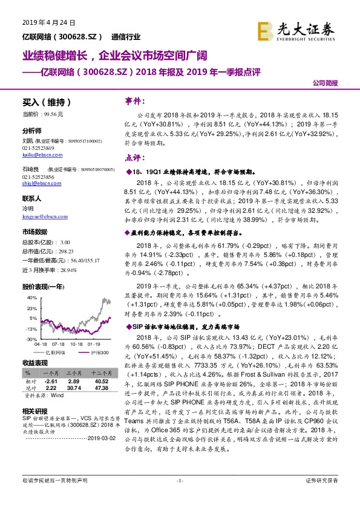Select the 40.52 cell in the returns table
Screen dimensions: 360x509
click(101, 383)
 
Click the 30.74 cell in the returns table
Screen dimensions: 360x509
click(74, 389)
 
